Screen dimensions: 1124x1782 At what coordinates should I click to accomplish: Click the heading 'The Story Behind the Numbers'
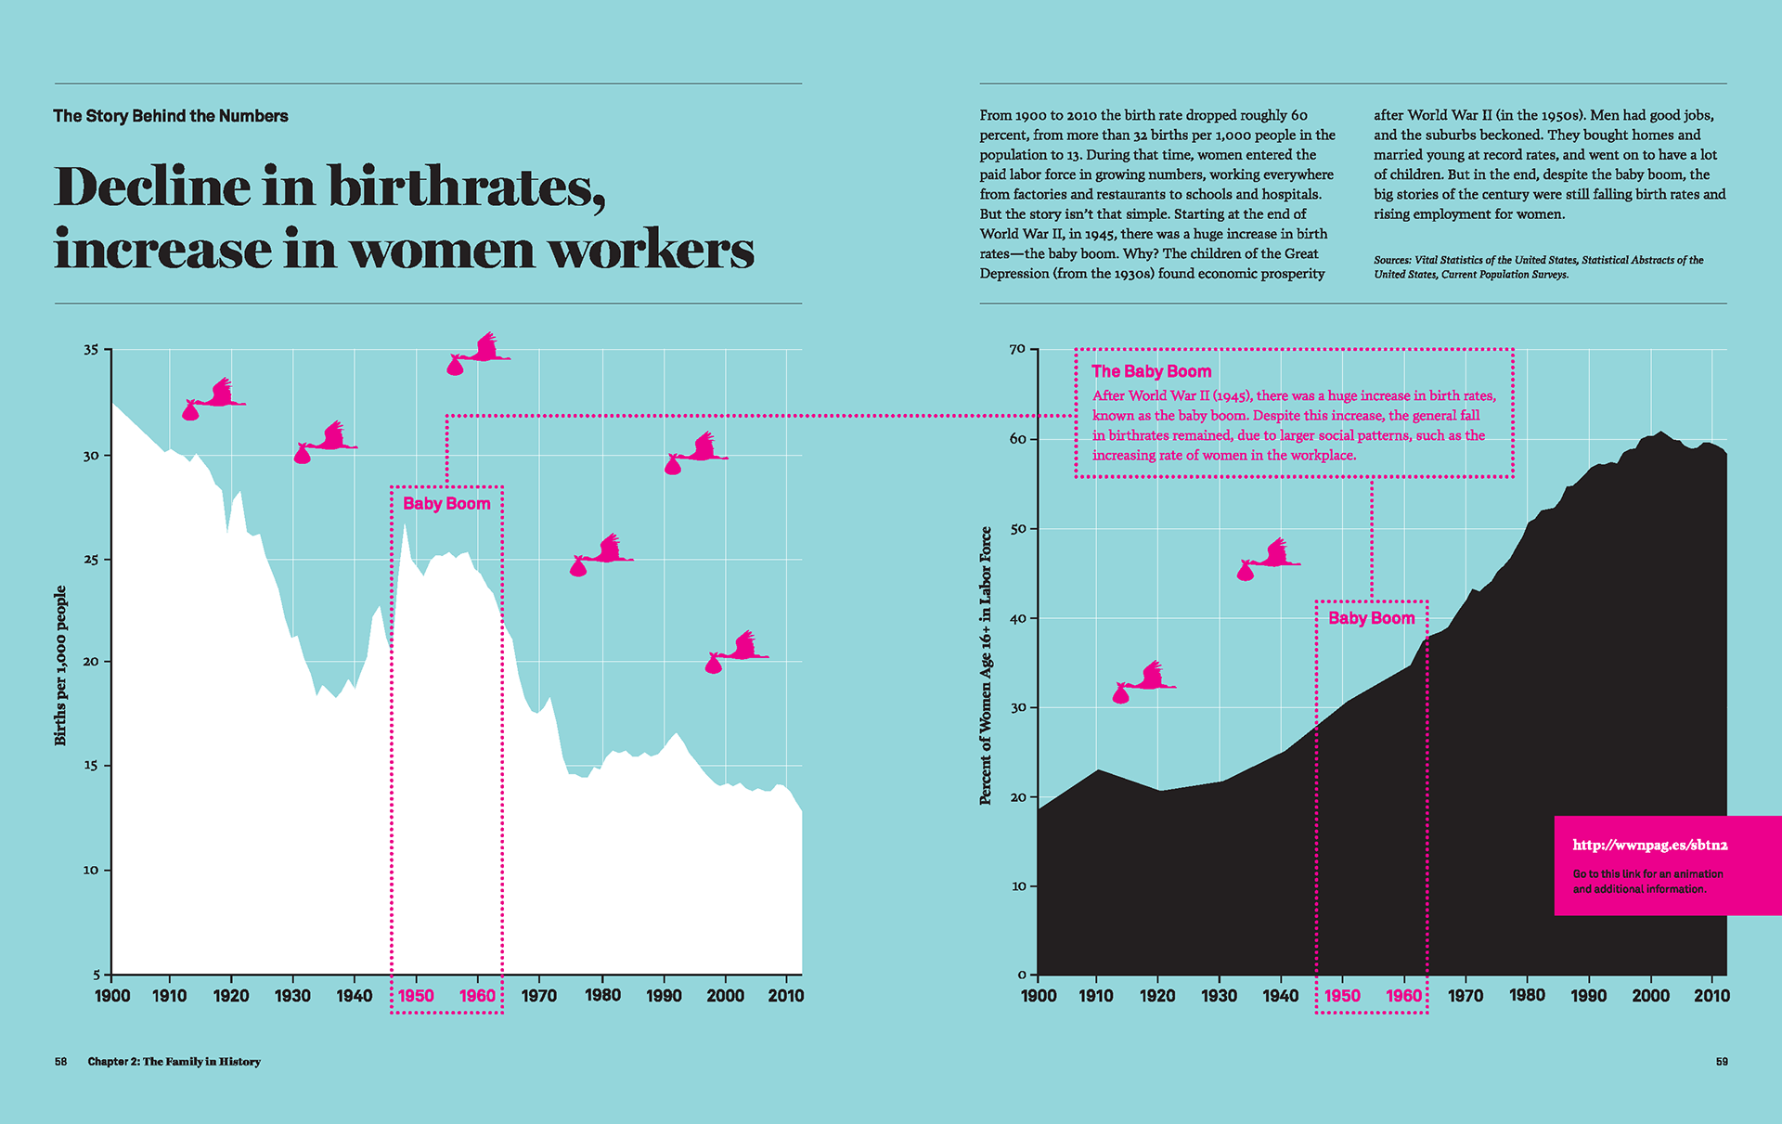tap(170, 116)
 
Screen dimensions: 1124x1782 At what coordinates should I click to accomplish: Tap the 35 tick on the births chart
tap(91, 350)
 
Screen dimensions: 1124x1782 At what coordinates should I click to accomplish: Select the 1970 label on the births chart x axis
tap(539, 996)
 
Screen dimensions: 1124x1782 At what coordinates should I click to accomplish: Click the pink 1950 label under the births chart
tap(416, 996)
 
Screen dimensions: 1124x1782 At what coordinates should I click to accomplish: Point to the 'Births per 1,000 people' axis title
tap(60, 665)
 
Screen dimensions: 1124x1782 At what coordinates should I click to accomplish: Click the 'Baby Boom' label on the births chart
tap(446, 504)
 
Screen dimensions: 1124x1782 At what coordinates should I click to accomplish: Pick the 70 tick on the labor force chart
tap(1017, 349)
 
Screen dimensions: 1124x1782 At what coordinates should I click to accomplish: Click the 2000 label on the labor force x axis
tap(1650, 996)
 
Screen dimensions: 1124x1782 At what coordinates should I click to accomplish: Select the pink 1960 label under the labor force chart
tap(1403, 996)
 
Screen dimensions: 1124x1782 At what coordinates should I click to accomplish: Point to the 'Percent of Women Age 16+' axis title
tap(986, 665)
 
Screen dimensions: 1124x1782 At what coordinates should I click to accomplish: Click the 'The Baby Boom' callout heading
tap(1151, 371)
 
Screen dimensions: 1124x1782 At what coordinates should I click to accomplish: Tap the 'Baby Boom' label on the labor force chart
tap(1372, 618)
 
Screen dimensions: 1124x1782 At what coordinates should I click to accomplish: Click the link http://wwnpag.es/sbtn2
tap(1649, 845)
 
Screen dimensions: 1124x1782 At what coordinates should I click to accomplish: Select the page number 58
tap(60, 1062)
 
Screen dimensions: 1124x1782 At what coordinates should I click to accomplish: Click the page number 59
tap(1722, 1062)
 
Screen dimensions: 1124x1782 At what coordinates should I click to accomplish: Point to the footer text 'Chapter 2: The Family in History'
tap(174, 1062)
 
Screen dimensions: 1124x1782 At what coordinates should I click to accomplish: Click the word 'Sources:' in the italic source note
tap(1392, 260)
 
